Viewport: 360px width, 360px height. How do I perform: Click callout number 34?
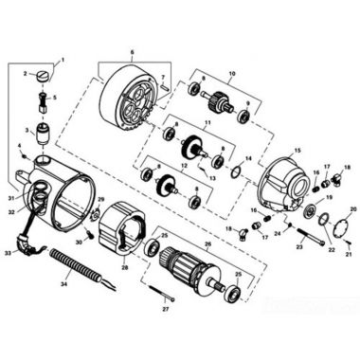[x=63, y=283]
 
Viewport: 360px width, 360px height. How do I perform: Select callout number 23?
[x=298, y=246]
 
